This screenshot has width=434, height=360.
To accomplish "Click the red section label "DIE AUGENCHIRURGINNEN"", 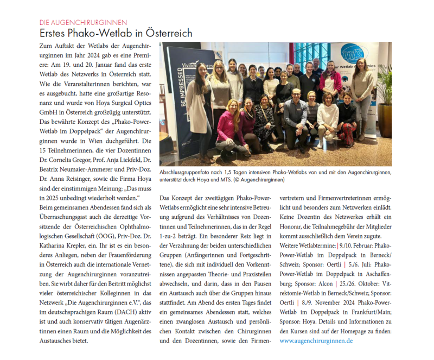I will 84,23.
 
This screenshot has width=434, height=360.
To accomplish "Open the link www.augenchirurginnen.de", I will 316,340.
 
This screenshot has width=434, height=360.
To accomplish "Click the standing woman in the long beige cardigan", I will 199,100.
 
